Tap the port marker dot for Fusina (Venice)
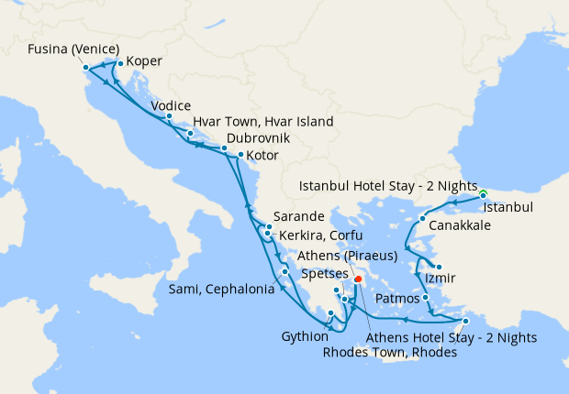click(x=85, y=67)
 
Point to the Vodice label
click(x=184, y=105)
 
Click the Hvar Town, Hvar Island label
click(x=262, y=122)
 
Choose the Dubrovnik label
click(x=258, y=137)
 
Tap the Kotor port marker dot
click(x=240, y=155)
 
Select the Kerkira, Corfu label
click(x=317, y=235)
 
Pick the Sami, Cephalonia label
click(x=221, y=290)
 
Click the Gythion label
click(x=304, y=335)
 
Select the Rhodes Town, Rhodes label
click(x=391, y=353)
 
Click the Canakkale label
click(x=460, y=225)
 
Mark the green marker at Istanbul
click(x=483, y=192)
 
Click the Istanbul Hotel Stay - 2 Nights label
click(x=389, y=186)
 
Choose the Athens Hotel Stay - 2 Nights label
click(x=452, y=337)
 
